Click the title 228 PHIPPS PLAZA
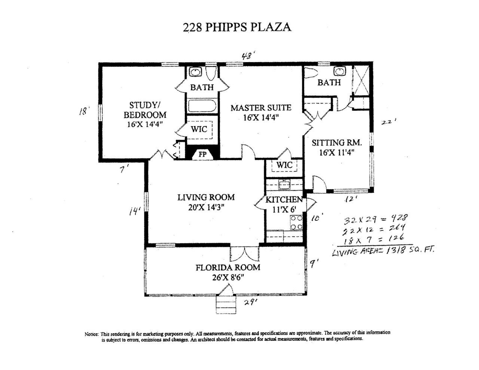point(237,27)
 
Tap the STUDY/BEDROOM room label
point(145,110)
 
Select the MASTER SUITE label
point(260,108)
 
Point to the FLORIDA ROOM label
point(228,267)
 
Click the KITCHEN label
point(284,200)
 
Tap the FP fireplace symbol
point(202,154)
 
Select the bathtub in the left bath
point(202,106)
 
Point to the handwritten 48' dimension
point(247,56)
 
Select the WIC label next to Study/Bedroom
point(199,129)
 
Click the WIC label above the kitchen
point(284,165)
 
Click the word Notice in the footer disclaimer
point(92,334)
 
